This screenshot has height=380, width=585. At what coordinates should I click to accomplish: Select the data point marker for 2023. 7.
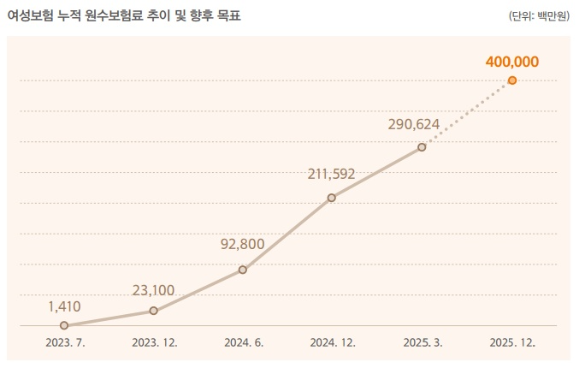[x=64, y=325]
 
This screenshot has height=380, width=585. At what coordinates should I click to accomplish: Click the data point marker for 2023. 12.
[x=154, y=311]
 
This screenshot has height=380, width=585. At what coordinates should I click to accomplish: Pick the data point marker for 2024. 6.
[x=243, y=270]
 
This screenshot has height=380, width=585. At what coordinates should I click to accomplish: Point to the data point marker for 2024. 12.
[x=332, y=198]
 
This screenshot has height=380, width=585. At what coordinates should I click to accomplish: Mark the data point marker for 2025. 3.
[x=422, y=147]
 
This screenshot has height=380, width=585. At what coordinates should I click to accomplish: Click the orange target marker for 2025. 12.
[x=511, y=80]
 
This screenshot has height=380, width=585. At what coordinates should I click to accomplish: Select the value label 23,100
[x=154, y=290]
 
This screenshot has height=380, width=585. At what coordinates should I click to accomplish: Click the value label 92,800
[x=242, y=244]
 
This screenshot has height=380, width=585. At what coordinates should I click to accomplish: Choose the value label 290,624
[x=414, y=124]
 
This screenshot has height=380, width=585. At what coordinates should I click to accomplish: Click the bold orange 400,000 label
[x=511, y=61]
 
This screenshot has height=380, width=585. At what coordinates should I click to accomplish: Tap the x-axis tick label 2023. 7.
[x=65, y=343]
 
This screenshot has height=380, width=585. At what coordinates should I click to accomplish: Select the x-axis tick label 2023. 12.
[x=155, y=343]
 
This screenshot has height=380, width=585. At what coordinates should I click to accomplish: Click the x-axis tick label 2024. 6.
[x=244, y=343]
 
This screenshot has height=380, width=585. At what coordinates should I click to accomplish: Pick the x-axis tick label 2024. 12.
[x=333, y=343]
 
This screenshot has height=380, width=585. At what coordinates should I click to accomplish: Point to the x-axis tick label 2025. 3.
[x=422, y=343]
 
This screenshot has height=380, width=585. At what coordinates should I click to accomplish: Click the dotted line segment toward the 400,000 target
[x=467, y=114]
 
